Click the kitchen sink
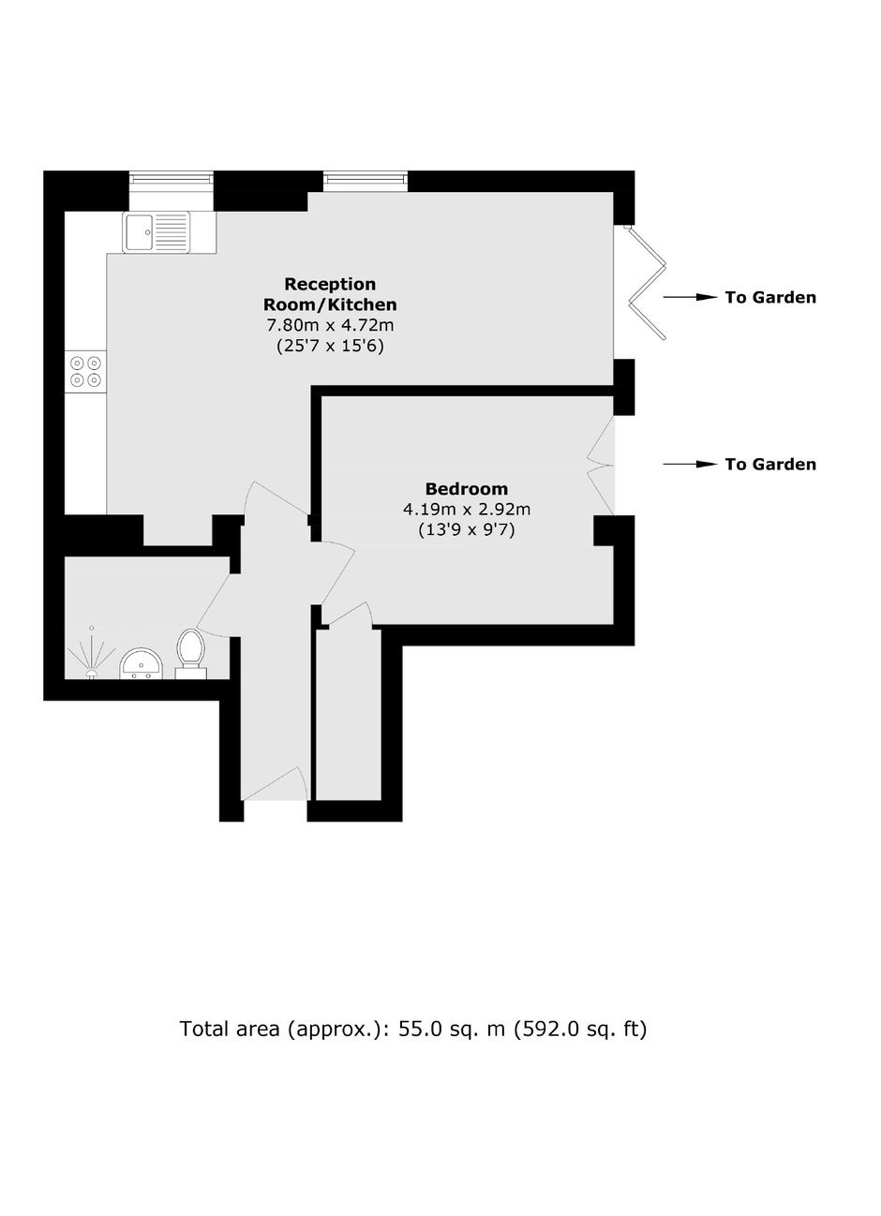click(157, 232)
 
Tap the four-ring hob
click(86, 371)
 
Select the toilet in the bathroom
click(190, 654)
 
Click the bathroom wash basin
click(141, 663)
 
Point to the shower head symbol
click(91, 653)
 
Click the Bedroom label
click(467, 489)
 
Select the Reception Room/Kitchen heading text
click(330, 294)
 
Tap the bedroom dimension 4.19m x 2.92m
click(467, 510)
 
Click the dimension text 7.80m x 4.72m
click(330, 325)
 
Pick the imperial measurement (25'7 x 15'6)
click(330, 346)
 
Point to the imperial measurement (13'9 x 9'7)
click(467, 529)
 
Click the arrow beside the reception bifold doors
click(690, 298)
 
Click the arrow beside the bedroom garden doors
click(690, 464)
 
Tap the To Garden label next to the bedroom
click(770, 464)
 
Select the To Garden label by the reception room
click(770, 298)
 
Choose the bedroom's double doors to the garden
click(601, 466)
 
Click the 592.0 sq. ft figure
click(580, 1029)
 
